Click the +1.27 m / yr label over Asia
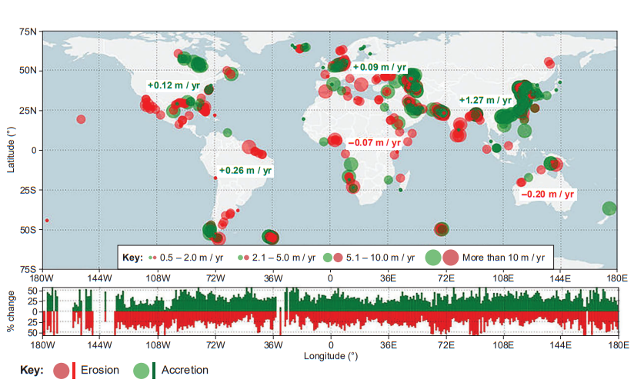[x=485, y=100]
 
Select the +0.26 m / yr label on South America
[x=245, y=170]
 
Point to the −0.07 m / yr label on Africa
[x=374, y=143]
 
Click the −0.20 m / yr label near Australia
[x=548, y=195]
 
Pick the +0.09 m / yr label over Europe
[x=379, y=68]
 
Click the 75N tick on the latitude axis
[x=28, y=32]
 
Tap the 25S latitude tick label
[x=28, y=190]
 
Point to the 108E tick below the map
[x=504, y=278]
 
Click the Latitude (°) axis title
[x=11, y=150]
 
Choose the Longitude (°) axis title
[x=330, y=356]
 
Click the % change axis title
[x=11, y=312]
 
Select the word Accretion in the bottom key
[x=185, y=371]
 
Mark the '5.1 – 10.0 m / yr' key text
[x=382, y=257]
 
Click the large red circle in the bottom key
[x=62, y=371]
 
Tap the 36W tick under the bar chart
[x=273, y=347]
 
